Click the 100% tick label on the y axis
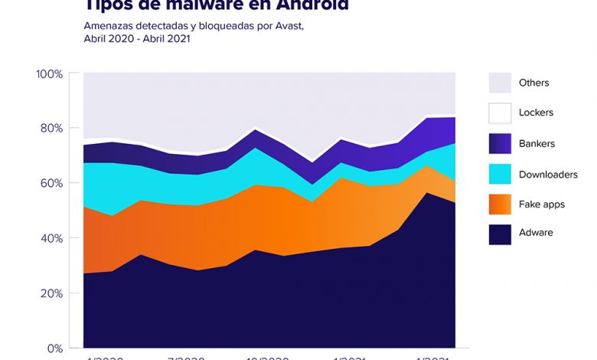[x=48, y=74]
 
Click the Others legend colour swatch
[x=500, y=83]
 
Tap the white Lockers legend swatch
[x=500, y=113]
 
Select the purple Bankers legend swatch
[x=500, y=143]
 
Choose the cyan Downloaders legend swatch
[x=500, y=174]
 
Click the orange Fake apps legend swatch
[x=500, y=205]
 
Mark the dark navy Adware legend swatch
[x=500, y=234]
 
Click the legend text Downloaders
[x=548, y=175]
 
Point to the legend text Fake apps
[x=540, y=205]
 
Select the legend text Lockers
[x=536, y=113]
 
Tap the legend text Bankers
[x=537, y=143]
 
